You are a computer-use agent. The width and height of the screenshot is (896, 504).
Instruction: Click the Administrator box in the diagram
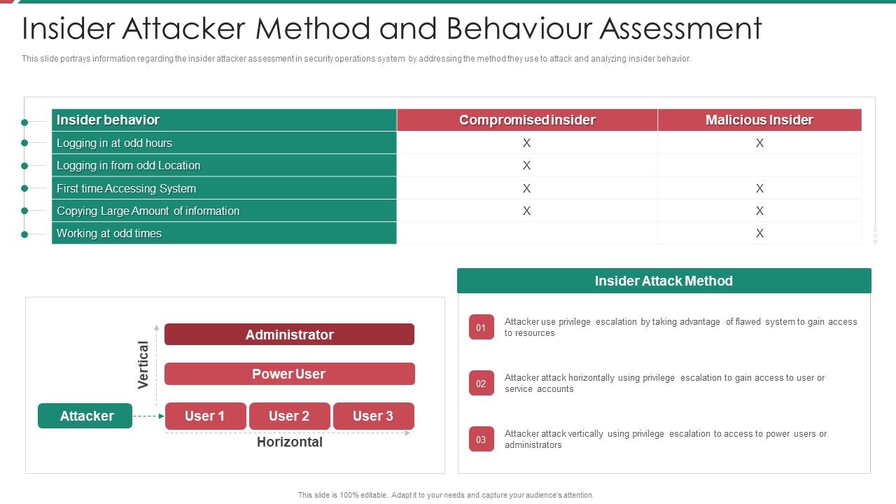tap(289, 335)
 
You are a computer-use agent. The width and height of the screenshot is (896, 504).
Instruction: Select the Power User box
tap(289, 374)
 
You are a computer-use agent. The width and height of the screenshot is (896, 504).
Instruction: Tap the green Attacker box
tap(85, 416)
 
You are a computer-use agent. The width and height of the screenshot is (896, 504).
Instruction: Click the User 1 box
tap(205, 416)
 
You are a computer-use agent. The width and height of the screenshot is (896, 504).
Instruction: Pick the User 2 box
tap(289, 416)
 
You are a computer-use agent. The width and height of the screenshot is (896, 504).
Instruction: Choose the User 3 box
tap(373, 416)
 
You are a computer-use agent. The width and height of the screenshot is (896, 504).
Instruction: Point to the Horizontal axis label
tap(289, 442)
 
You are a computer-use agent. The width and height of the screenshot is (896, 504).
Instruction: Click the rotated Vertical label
tap(143, 365)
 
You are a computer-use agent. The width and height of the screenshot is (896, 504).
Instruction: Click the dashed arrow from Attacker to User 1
tap(148, 416)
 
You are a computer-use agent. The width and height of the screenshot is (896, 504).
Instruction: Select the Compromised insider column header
tap(527, 120)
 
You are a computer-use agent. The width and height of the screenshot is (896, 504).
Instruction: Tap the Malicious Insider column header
tap(759, 120)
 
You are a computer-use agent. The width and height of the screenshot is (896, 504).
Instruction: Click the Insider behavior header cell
tap(108, 120)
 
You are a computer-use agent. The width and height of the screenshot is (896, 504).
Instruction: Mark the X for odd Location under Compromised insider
tap(527, 166)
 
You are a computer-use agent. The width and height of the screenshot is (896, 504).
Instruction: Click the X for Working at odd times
tap(759, 234)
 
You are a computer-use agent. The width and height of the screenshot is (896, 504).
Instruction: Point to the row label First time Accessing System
tap(126, 188)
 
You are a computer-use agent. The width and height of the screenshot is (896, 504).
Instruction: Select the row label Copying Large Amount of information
tap(148, 211)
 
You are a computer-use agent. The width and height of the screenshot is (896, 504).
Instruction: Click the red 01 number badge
tap(481, 327)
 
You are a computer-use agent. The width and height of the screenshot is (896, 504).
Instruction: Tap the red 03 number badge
tap(481, 440)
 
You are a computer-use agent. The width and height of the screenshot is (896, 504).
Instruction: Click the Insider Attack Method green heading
tap(664, 281)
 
